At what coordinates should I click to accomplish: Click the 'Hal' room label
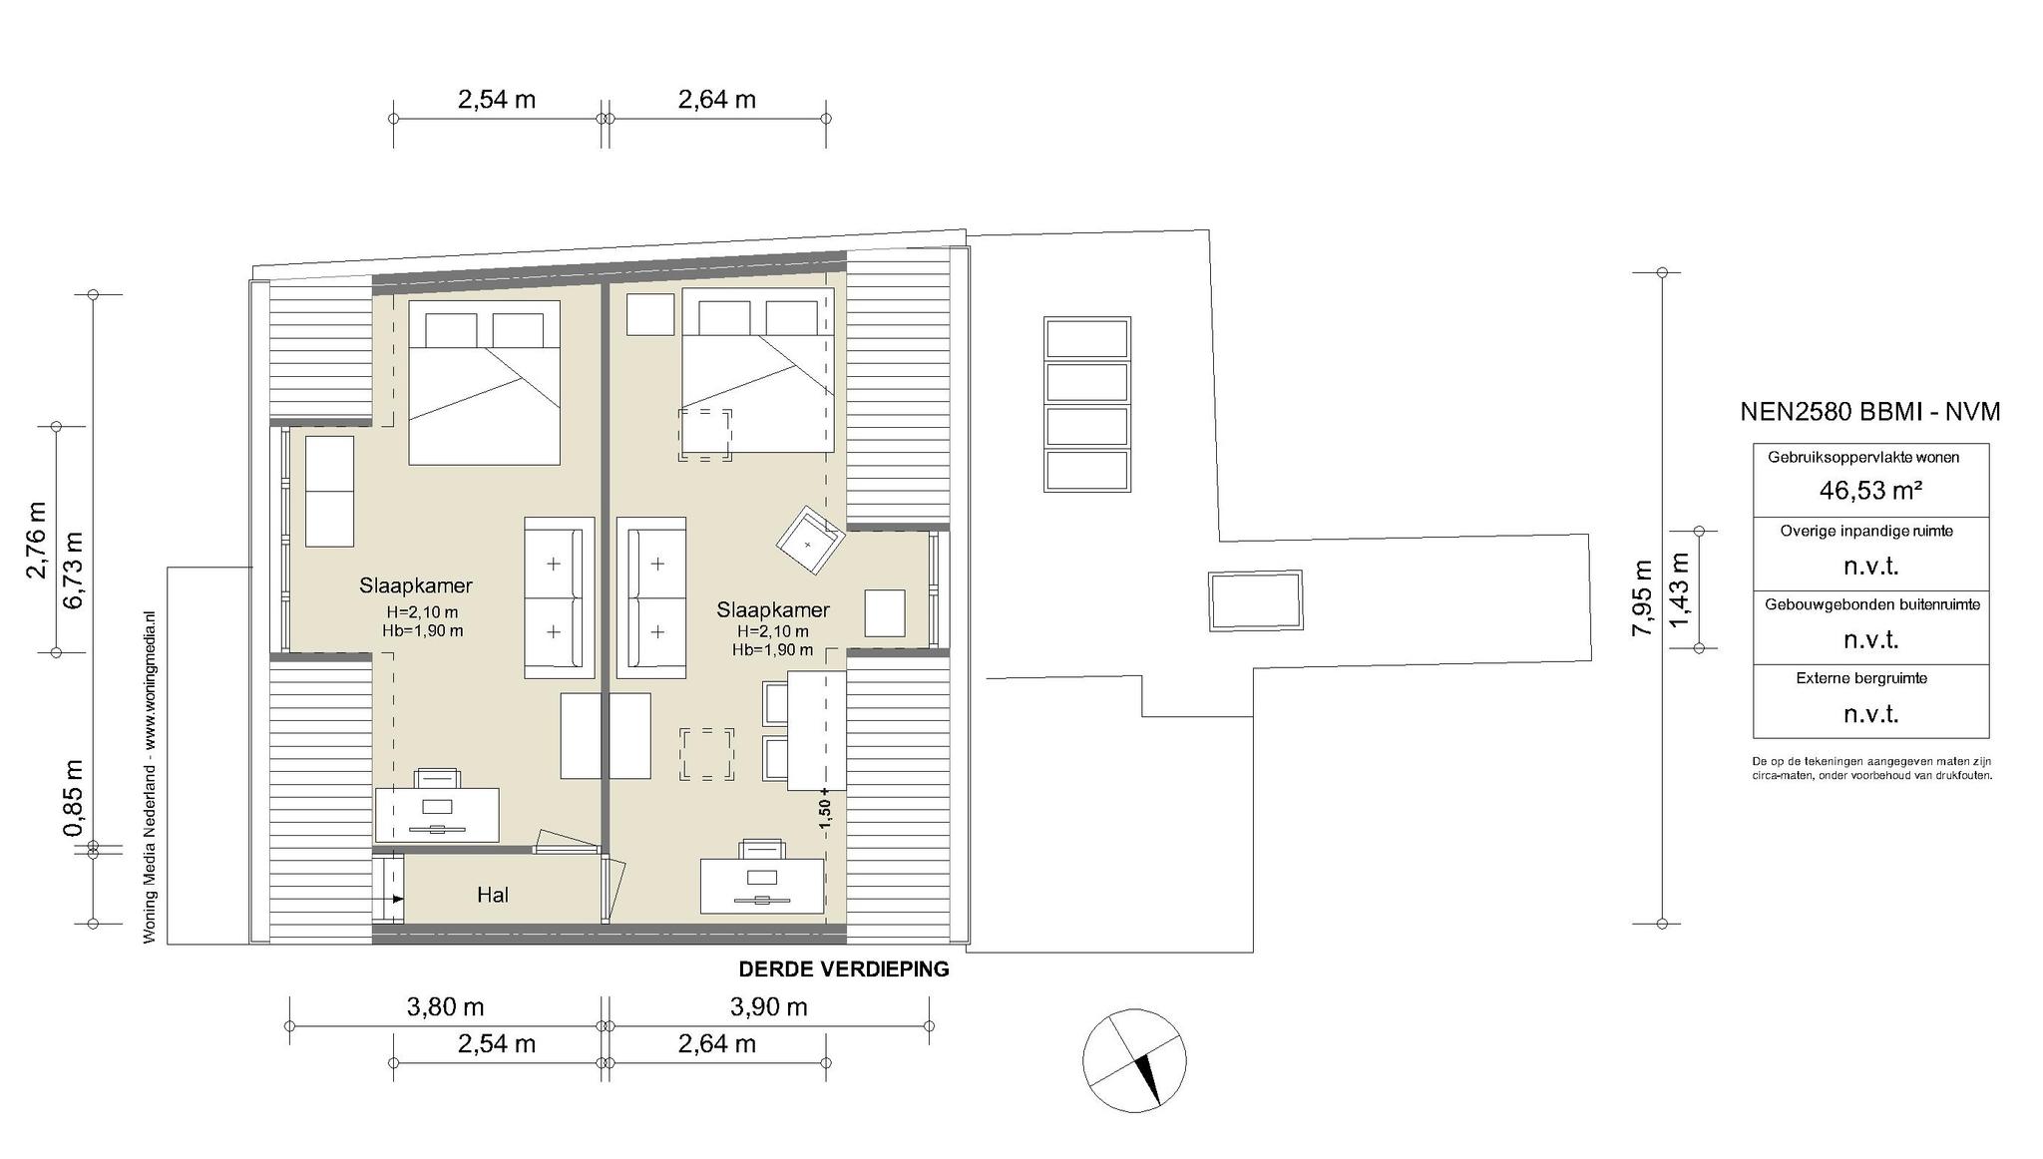point(493,895)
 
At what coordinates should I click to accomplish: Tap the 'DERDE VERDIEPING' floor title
point(844,969)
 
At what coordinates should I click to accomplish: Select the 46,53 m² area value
point(1870,491)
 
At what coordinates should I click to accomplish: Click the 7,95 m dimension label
point(1641,598)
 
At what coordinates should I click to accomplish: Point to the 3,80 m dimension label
point(445,1007)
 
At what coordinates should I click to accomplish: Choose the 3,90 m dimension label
point(768,1007)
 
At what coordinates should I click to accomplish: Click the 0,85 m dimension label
point(73,798)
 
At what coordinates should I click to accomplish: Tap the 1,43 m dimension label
point(1679,590)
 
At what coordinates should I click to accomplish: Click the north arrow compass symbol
point(1135,1060)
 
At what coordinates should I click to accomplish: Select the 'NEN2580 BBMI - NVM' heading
point(1870,412)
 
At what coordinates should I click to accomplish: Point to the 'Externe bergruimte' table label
point(1861,678)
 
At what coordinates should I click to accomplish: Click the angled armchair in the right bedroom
point(811,541)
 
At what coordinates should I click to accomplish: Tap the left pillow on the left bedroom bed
point(451,330)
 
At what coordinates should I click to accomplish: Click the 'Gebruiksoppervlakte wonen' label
point(1863,458)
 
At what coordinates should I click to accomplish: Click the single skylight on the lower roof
point(1255,600)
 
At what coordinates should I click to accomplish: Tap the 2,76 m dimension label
point(37,539)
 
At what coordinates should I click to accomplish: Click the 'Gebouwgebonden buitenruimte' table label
point(1871,604)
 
